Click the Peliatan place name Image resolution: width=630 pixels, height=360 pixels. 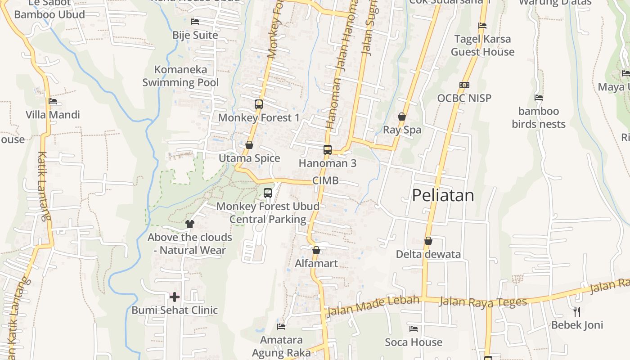443,195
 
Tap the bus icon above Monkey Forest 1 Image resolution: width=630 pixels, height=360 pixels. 259,104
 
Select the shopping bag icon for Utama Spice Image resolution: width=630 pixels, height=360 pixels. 249,145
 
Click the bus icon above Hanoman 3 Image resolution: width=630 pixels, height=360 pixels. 328,150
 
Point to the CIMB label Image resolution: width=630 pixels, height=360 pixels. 325,180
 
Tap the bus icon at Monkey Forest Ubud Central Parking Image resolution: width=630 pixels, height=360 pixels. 268,193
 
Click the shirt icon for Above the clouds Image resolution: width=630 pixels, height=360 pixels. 190,224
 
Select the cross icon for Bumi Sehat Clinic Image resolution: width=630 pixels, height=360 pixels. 175,297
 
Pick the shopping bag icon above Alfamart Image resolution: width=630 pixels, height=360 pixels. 316,250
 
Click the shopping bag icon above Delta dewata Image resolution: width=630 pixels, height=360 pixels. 428,241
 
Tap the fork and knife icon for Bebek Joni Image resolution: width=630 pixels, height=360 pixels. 577,311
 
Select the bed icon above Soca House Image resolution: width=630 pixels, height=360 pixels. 414,329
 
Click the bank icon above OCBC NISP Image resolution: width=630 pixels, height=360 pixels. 464,85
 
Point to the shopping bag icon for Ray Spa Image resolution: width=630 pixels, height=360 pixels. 402,117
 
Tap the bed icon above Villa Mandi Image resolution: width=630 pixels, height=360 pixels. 53,101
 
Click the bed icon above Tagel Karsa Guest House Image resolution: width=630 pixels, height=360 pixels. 482,26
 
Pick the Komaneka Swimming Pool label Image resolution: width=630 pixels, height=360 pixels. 181,76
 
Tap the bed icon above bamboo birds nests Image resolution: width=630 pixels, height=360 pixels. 538,98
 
